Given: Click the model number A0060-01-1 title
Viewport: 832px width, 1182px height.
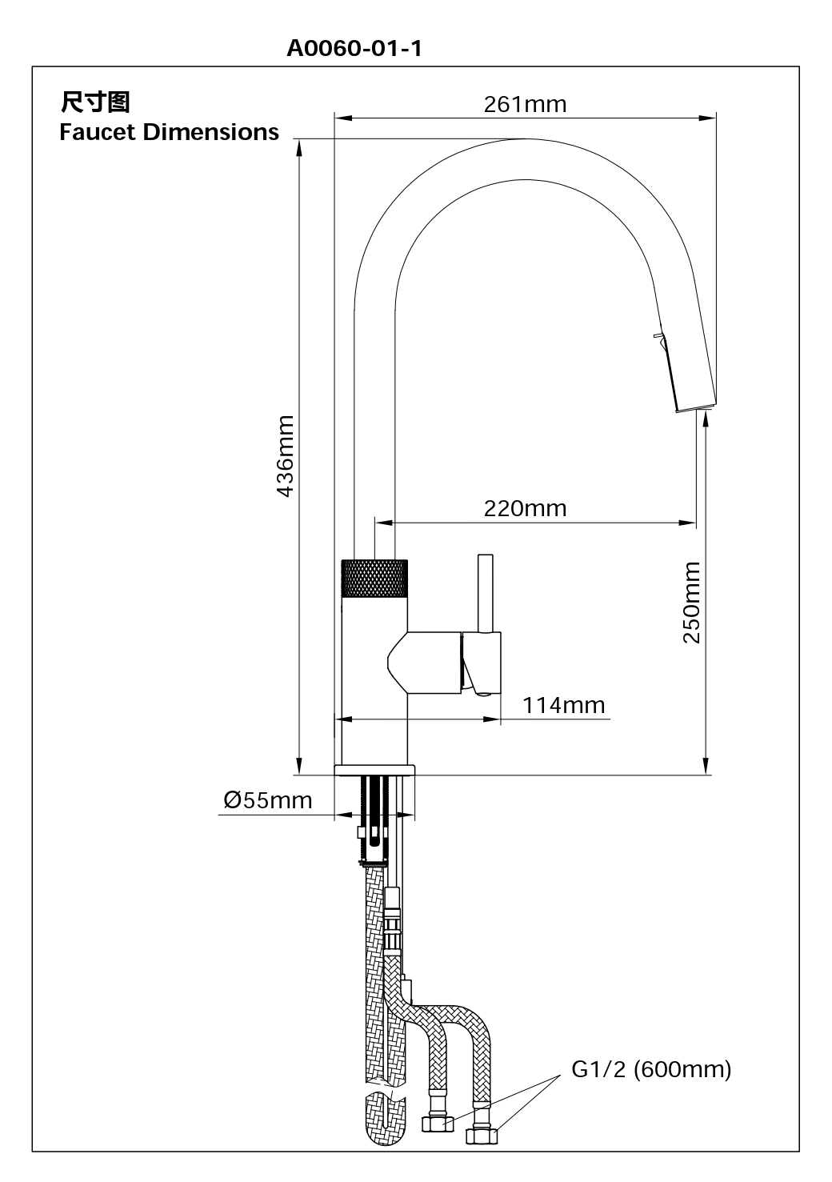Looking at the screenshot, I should [x=354, y=50].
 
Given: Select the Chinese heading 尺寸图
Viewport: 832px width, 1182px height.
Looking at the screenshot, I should [x=94, y=102].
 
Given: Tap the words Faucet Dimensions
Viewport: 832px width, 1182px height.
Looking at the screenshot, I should [x=169, y=132].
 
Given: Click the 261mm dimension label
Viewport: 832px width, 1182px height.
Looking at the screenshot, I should [x=525, y=104].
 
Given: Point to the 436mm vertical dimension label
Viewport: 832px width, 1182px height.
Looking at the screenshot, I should [x=286, y=456].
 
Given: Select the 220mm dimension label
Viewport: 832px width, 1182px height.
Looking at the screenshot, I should [x=525, y=508].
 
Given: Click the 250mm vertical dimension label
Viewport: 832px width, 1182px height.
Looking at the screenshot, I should [x=692, y=602].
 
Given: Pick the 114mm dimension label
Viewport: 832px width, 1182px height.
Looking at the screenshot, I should [x=564, y=705].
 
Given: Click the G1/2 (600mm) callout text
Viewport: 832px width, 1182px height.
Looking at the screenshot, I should [x=651, y=1069].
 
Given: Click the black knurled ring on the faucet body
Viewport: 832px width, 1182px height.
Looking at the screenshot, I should [x=374, y=576].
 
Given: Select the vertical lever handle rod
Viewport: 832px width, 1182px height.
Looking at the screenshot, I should [x=484, y=592].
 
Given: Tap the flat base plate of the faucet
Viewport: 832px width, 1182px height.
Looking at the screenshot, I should [x=374, y=770].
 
